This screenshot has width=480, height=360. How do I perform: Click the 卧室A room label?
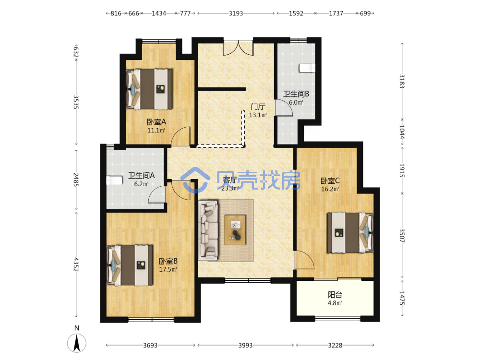156,122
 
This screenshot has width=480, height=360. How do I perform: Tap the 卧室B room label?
168,261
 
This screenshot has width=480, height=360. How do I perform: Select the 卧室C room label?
330,180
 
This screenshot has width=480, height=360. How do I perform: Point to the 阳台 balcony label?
335,295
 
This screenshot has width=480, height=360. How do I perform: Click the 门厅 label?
258,107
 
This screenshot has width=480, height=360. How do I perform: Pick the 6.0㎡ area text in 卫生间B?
296,103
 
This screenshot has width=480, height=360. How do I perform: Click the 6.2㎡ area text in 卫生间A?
141,184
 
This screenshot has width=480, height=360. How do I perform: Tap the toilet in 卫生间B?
307,68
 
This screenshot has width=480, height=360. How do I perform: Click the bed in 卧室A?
149,89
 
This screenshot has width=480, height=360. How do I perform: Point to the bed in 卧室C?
350,232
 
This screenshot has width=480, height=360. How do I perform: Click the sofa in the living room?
208,230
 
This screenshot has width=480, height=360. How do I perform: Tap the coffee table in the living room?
235,230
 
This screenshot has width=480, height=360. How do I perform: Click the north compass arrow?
77,343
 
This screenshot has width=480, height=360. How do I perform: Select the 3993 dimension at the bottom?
245,345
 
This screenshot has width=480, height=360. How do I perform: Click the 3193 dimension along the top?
236,13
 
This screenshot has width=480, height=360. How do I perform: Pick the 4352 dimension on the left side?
76,264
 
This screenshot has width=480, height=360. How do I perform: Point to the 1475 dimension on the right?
402,298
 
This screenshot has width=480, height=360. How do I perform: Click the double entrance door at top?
238,48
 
